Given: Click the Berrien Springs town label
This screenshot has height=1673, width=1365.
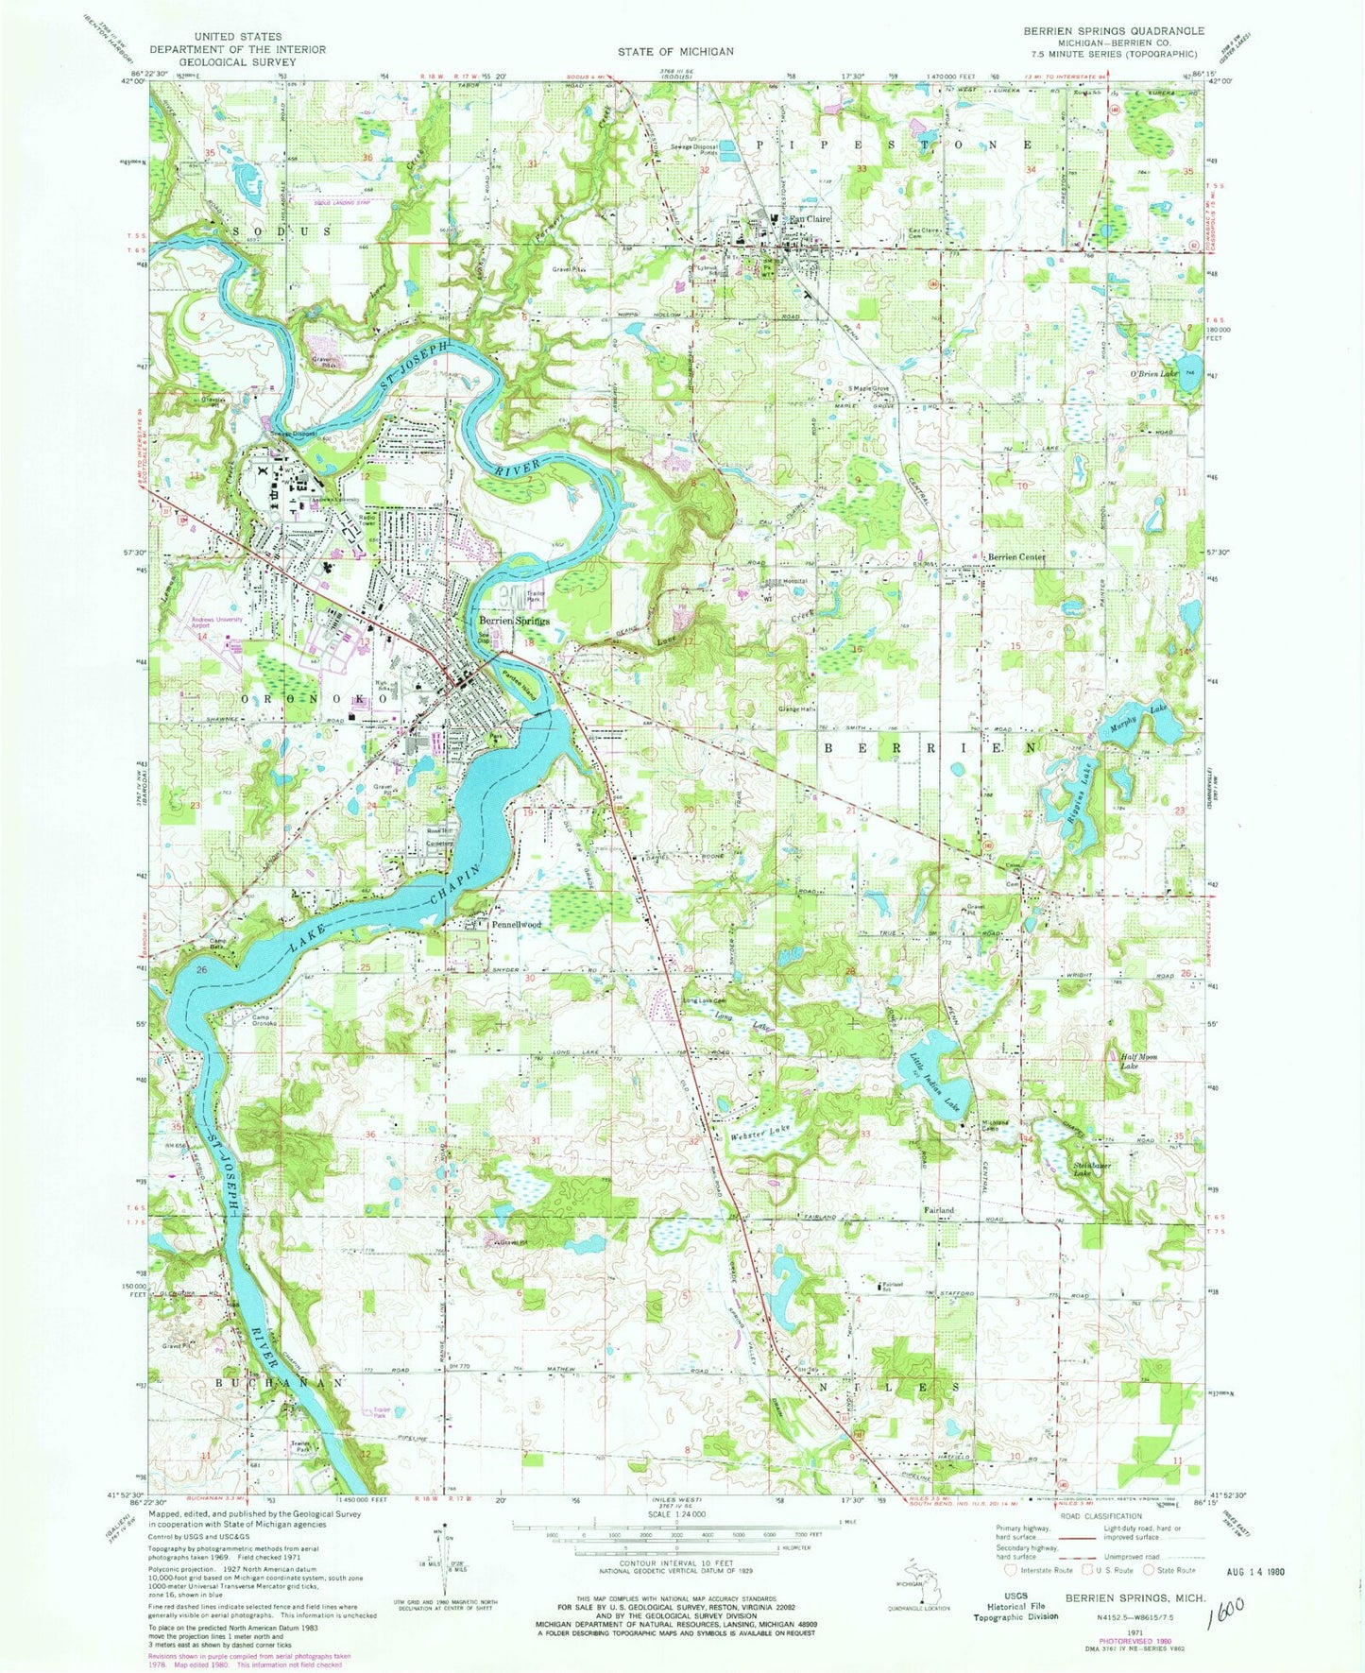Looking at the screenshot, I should (514, 621).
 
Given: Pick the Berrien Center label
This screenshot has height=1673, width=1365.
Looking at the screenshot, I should (1016, 557).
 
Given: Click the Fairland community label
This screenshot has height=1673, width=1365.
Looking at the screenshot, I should (938, 1210).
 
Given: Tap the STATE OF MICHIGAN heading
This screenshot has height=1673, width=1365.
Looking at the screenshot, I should (675, 51).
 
